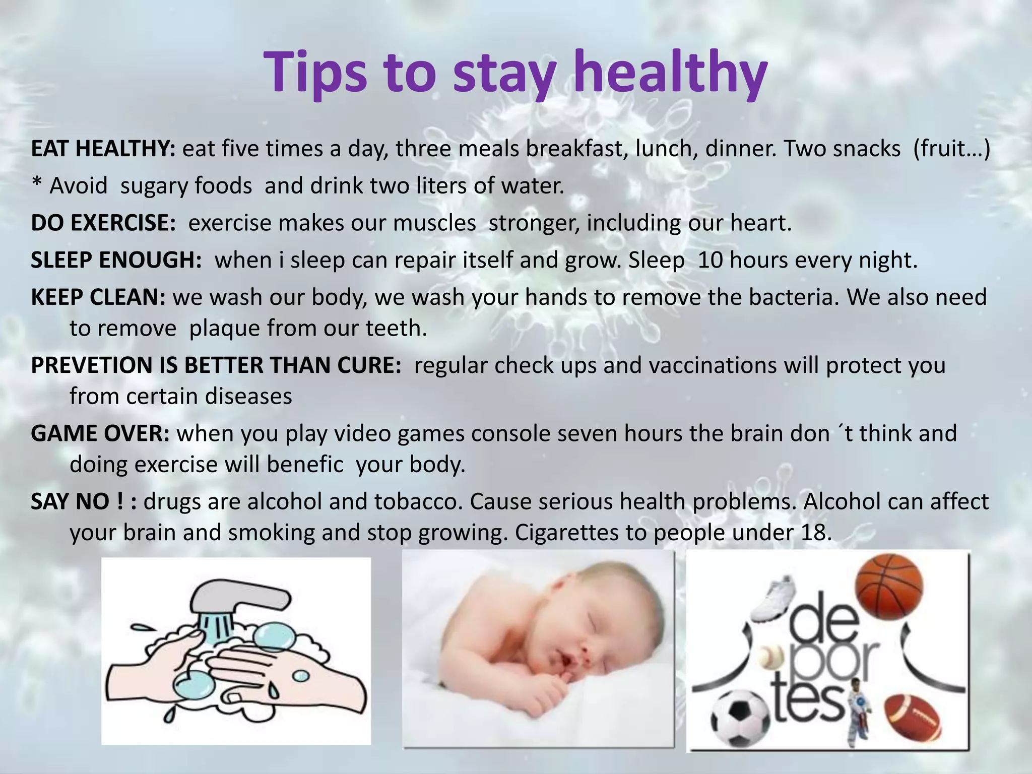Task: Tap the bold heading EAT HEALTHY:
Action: pyautogui.click(x=103, y=149)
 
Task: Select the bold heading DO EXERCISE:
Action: pyautogui.click(x=103, y=223)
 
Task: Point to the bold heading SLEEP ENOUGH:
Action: pyautogui.click(x=116, y=260)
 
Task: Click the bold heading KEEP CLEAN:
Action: pyautogui.click(x=98, y=297)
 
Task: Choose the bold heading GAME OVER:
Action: pyautogui.click(x=100, y=433)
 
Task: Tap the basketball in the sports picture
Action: pyautogui.click(x=889, y=586)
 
